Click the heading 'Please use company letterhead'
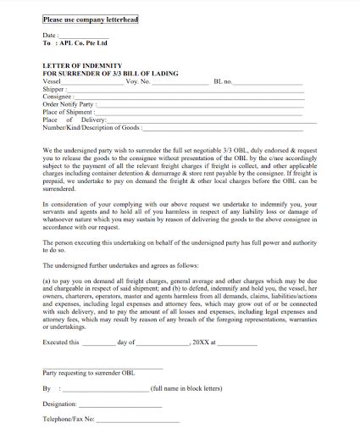[x=91, y=17]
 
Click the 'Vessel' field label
[x=53, y=81]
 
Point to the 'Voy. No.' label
[x=138, y=81]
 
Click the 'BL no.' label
[x=224, y=81]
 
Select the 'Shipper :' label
[x=54, y=89]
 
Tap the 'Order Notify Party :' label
[x=69, y=104]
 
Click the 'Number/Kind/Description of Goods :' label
[x=91, y=127]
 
